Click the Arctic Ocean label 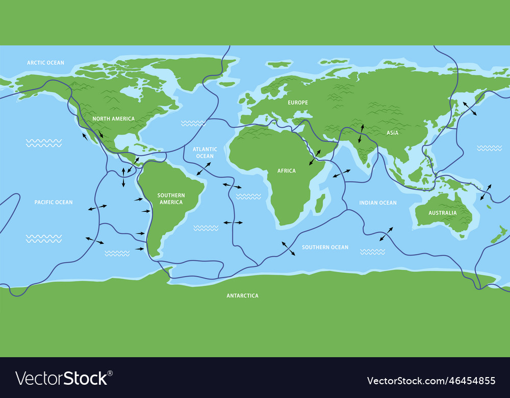pos(45,63)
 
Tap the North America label pos(113,119)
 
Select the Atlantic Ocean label pos(205,153)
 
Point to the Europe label pos(298,103)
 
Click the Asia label pos(392,133)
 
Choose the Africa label pos(286,171)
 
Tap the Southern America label pos(171,198)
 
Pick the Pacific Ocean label pos(54,203)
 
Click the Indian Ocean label pos(377,203)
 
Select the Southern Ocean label pos(325,247)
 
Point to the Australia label pos(442,213)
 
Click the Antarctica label pos(242,295)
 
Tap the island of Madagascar pos(320,203)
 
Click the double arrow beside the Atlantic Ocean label pos(204,169)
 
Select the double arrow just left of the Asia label pos(361,133)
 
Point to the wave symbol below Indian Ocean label pos(372,252)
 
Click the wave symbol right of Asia pos(489,148)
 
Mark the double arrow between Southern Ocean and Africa pos(288,248)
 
